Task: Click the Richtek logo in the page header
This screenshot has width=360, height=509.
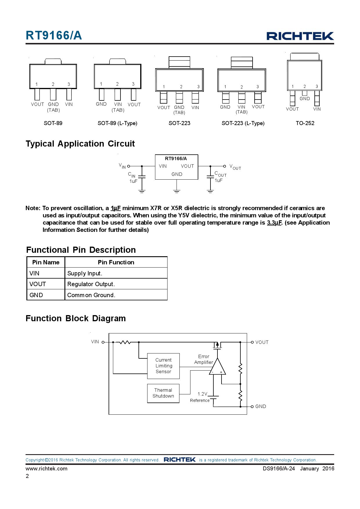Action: tap(300, 36)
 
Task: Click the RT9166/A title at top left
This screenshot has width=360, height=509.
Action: tap(54, 35)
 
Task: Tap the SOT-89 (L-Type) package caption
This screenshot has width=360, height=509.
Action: tap(117, 123)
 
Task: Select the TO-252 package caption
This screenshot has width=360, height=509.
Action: tap(305, 123)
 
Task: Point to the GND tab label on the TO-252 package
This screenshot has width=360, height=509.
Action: tap(305, 99)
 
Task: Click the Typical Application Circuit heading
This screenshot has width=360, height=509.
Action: tap(80, 144)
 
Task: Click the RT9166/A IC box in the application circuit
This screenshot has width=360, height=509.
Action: tap(177, 167)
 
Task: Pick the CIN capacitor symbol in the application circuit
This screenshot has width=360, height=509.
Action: tap(142, 176)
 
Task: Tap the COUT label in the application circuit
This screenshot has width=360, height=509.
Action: tap(220, 174)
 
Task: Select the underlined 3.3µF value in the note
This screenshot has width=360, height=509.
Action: tap(274, 223)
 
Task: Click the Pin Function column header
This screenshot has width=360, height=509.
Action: tap(116, 262)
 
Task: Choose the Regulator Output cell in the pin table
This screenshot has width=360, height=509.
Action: tap(91, 284)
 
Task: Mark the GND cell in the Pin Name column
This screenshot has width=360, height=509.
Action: tap(36, 295)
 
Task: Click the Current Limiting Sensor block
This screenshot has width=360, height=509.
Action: tap(163, 366)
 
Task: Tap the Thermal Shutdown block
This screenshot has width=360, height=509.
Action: tap(163, 393)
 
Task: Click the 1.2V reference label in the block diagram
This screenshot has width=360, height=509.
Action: tap(202, 394)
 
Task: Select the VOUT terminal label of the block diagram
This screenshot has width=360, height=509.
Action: tap(262, 342)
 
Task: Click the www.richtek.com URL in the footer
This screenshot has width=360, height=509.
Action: tap(46, 468)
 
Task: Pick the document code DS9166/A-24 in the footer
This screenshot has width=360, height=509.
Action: tap(279, 468)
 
